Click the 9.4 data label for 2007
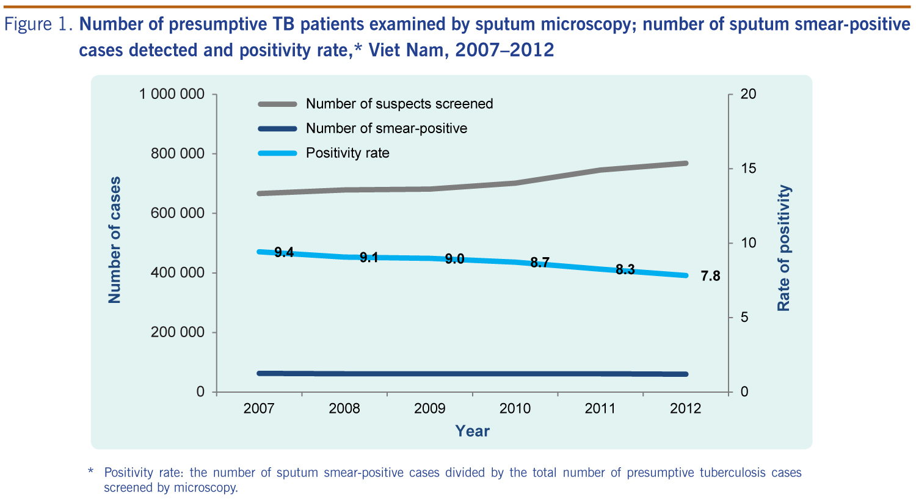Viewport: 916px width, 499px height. click(x=284, y=252)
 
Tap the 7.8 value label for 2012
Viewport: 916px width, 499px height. click(x=710, y=276)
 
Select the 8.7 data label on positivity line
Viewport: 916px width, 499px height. click(x=540, y=263)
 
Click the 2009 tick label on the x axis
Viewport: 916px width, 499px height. click(x=430, y=409)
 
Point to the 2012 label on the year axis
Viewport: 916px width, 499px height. click(x=686, y=409)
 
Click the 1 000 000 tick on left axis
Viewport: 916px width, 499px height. click(x=172, y=94)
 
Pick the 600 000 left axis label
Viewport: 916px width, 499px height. click(x=178, y=213)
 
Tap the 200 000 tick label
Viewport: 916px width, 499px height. click(x=178, y=332)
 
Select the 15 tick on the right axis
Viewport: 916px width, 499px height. click(x=748, y=169)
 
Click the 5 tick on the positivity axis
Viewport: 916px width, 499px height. click(x=744, y=318)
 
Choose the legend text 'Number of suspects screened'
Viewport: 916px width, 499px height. click(x=399, y=104)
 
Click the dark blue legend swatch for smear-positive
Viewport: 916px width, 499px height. click(x=277, y=128)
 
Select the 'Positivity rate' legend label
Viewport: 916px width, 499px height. click(x=347, y=153)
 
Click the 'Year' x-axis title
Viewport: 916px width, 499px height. click(x=472, y=431)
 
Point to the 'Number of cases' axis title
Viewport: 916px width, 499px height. click(x=114, y=240)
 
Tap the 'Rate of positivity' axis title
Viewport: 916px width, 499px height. click(x=783, y=248)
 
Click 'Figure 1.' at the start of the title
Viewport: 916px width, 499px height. click(x=38, y=24)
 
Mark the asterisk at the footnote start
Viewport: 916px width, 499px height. click(x=90, y=472)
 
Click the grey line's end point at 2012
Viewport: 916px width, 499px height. click(x=685, y=163)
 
